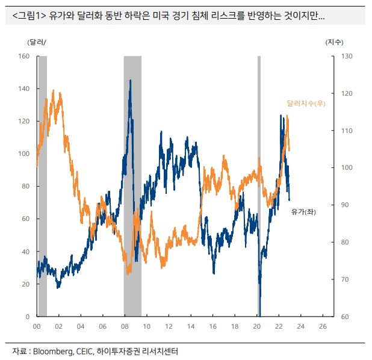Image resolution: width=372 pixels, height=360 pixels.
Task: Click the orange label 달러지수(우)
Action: point(306,104)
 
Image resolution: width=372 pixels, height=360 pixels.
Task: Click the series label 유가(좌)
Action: point(303,212)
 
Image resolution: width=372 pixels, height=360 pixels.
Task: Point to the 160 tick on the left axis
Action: point(24,56)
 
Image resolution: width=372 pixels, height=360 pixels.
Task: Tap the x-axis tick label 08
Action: point(125,326)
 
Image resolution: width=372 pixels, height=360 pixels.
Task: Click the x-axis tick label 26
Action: point(323,326)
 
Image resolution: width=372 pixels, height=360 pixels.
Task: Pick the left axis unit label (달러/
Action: point(36,42)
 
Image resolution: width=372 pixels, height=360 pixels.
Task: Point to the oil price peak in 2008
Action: point(130,80)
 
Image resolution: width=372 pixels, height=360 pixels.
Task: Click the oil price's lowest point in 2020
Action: point(260,314)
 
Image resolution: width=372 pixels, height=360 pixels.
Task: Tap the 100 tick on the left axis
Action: point(24,154)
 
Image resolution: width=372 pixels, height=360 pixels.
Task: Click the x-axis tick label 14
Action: point(191,326)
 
